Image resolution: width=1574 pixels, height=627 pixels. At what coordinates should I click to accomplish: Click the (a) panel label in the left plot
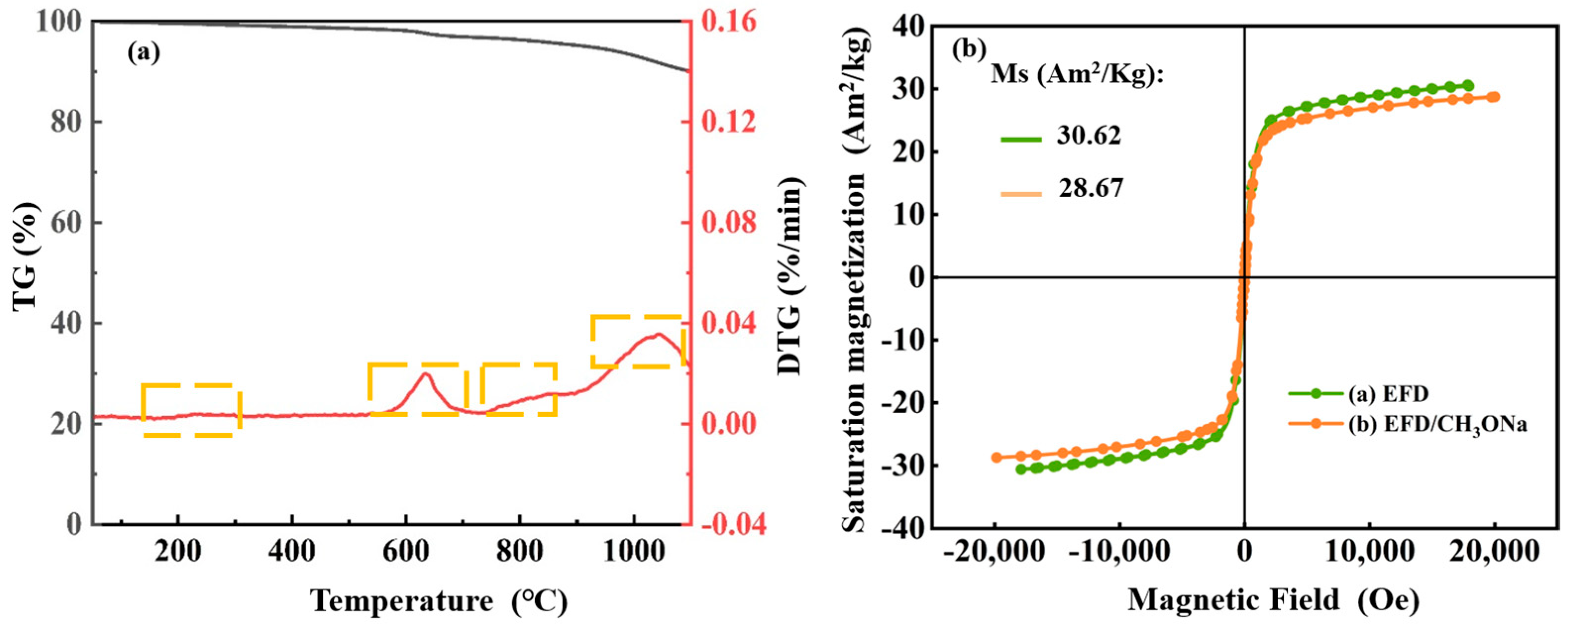144,53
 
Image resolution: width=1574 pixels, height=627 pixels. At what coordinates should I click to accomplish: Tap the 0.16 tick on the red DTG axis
729,22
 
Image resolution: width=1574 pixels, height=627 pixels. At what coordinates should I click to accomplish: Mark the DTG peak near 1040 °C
658,334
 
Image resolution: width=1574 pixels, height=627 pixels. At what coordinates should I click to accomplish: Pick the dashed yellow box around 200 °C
191,410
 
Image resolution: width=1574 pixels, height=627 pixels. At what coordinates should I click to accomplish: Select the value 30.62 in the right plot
1089,136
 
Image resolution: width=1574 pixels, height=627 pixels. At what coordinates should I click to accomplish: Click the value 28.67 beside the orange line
1091,189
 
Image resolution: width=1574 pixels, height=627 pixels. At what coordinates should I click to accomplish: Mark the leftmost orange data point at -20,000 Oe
997,457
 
